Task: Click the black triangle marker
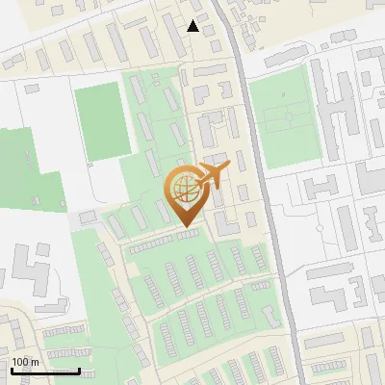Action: (x=194, y=26)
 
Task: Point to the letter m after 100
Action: (x=36, y=362)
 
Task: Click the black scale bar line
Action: (x=45, y=371)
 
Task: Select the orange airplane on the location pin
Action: (x=212, y=176)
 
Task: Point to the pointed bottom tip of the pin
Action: (x=186, y=227)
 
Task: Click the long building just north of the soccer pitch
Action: (x=289, y=58)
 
